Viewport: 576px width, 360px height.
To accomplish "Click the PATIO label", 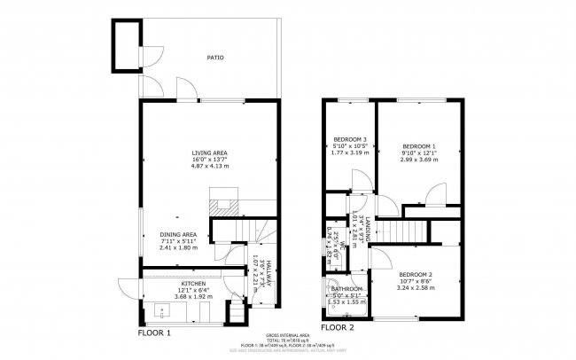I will (214, 58).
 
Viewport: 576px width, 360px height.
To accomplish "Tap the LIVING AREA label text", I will (209, 153).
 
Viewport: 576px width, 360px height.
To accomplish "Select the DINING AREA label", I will (178, 234).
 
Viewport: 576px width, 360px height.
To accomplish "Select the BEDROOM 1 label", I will (419, 145).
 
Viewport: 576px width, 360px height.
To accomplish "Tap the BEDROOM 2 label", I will (415, 275).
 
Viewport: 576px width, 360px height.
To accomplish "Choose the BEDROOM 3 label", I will (350, 139).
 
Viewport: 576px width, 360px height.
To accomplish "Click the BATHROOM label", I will (346, 289).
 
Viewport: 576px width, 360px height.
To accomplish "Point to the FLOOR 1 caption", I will (153, 333).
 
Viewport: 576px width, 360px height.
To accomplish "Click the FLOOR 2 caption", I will (338, 327).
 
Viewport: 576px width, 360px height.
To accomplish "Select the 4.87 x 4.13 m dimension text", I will (209, 167).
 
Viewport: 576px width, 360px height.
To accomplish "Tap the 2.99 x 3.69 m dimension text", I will (419, 160).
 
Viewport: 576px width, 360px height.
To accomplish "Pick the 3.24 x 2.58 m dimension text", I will (415, 288).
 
